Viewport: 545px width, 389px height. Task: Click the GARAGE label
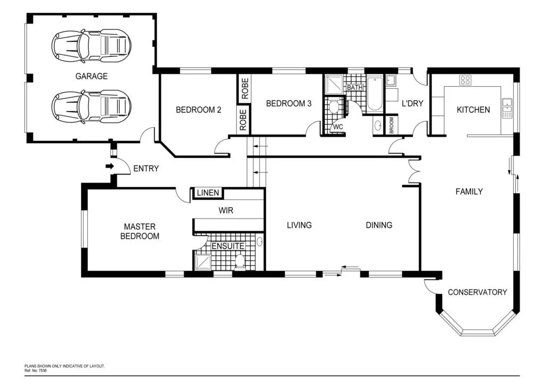click(x=91, y=76)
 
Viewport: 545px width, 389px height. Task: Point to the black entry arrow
click(x=110, y=167)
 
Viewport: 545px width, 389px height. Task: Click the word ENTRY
click(x=146, y=169)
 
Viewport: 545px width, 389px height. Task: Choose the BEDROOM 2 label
click(x=199, y=110)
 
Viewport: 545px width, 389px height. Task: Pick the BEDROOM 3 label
click(x=288, y=104)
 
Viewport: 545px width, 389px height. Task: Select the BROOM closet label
click(x=392, y=126)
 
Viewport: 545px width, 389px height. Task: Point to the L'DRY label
click(x=412, y=104)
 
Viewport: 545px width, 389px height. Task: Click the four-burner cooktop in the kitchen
click(x=465, y=80)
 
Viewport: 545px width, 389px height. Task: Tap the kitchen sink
click(x=507, y=107)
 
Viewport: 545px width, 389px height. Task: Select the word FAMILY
click(x=469, y=192)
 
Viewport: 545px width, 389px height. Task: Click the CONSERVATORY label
click(x=477, y=292)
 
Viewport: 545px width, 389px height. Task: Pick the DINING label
click(x=379, y=225)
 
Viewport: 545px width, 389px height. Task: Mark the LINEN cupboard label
click(x=208, y=193)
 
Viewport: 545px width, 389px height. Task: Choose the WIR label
click(x=226, y=210)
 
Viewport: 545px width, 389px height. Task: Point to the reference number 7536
click(x=42, y=370)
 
